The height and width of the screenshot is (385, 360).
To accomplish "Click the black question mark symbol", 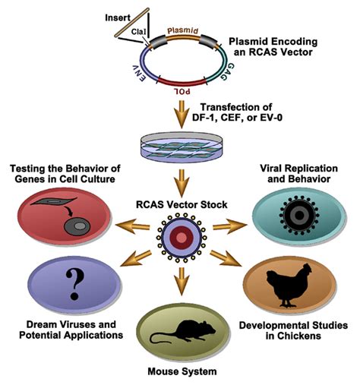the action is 74,284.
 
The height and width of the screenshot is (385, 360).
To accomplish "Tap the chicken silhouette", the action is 289,286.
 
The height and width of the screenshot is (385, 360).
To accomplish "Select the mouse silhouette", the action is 183,332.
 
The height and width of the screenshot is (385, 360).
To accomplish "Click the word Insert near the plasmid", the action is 118,18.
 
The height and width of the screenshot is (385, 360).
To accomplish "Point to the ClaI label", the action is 138,32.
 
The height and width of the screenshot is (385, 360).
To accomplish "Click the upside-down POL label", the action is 182,91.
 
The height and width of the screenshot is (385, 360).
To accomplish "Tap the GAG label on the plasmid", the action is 227,71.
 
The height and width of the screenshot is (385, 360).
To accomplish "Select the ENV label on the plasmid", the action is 139,73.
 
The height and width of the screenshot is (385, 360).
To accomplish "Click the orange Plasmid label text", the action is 183,30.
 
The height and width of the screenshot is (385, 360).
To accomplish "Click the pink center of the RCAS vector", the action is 181,238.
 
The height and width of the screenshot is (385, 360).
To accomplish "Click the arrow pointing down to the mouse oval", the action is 182,281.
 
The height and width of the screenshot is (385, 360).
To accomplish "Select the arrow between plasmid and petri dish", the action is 182,114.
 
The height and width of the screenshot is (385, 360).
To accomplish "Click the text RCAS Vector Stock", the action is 182,204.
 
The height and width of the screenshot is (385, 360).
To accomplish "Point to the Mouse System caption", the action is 182,371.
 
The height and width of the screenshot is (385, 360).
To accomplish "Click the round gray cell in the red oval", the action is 77,226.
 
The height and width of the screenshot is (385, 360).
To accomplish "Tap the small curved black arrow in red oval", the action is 68,212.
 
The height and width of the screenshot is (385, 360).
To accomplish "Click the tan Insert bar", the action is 131,23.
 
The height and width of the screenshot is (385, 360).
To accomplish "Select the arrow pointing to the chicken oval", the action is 225,258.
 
